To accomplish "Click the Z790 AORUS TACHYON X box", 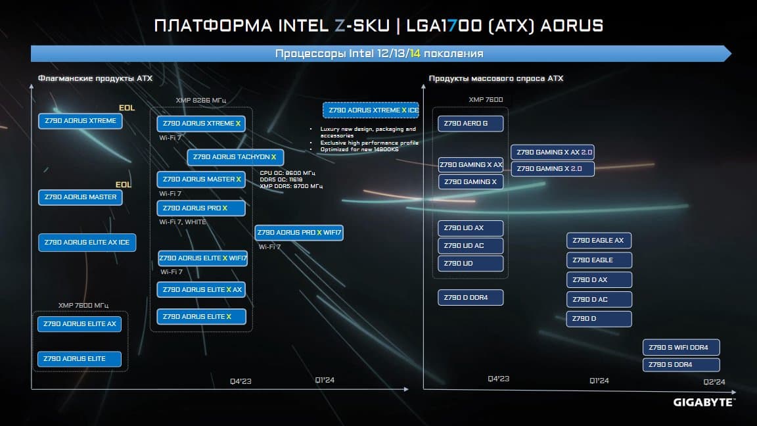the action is tap(235, 157).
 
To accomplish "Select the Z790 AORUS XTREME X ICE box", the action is tap(371, 110).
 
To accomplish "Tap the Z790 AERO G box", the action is tap(470, 123).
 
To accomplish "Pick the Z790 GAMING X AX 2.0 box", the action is tap(552, 152).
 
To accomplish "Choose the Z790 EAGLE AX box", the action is tap(599, 240).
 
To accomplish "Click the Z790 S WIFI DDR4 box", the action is tap(681, 347).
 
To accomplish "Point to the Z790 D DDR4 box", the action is tap(470, 298).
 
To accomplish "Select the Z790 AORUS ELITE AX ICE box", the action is tap(87, 243).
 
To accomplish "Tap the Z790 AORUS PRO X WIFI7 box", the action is tap(299, 232).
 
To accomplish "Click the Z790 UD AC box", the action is tap(470, 245).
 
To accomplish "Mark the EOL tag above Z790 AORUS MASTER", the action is tap(123, 185).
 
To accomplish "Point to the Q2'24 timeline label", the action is tap(714, 382).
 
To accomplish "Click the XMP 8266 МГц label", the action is tap(201, 101).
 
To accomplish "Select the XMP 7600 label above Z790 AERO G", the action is tap(486, 99).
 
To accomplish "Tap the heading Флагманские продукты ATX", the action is tap(95, 78).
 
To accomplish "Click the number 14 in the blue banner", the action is tap(415, 54).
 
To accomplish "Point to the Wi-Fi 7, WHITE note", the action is tap(183, 222).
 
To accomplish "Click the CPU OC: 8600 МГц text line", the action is tap(287, 172).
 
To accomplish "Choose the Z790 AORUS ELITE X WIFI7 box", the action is tap(203, 258).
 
